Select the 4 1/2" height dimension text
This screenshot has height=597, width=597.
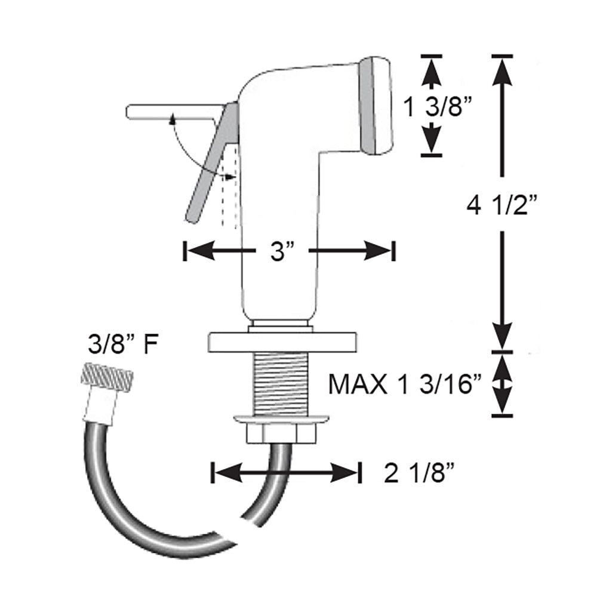503,207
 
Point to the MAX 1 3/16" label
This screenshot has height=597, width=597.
405,384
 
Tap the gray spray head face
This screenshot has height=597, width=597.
376,106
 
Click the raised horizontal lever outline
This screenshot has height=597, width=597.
170,112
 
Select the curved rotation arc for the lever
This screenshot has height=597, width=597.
185,149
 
